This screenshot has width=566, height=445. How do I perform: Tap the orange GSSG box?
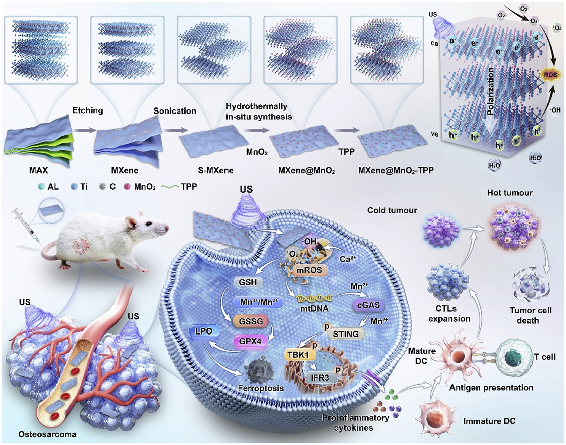tap(251, 321)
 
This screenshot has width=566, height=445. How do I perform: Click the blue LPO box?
tap(204, 330)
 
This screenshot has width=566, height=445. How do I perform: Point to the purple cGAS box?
tap(368, 305)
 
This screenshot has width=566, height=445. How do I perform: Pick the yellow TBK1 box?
tap(298, 355)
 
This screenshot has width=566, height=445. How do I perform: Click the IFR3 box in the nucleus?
tap(320, 378)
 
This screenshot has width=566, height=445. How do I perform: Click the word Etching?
tap(88, 110)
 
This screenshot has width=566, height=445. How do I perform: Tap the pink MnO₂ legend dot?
tap(127, 187)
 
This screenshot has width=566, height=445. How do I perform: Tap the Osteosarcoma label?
tap(48, 434)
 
